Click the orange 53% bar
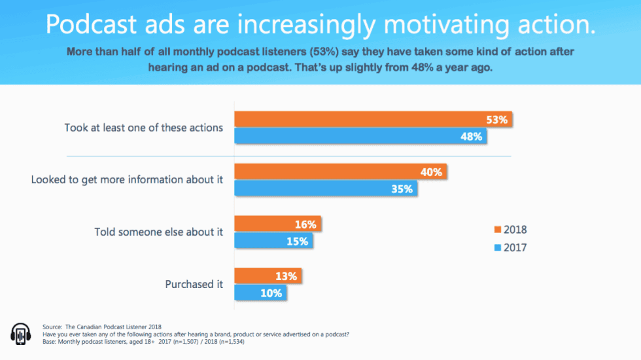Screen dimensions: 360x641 (373, 120)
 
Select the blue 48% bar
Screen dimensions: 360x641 (360, 137)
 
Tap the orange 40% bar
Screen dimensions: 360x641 (340, 172)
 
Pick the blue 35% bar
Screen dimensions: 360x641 (325, 189)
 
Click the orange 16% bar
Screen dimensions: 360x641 (277, 224)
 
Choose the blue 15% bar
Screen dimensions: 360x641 (273, 241)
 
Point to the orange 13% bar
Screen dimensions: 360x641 (268, 276)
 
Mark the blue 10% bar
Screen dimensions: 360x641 (260, 293)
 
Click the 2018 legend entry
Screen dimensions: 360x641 (510, 230)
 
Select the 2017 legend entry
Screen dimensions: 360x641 (510, 247)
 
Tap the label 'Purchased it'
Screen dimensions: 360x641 (194, 284)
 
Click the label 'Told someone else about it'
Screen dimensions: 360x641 (158, 232)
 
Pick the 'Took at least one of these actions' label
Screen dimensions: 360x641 (143, 128)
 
